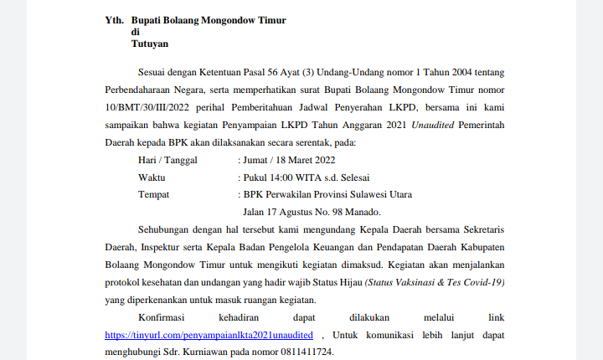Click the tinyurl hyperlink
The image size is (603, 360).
(x=202, y=334)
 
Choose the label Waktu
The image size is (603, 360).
(x=152, y=177)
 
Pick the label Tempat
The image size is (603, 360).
(x=152, y=194)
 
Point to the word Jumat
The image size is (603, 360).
(x=257, y=159)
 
